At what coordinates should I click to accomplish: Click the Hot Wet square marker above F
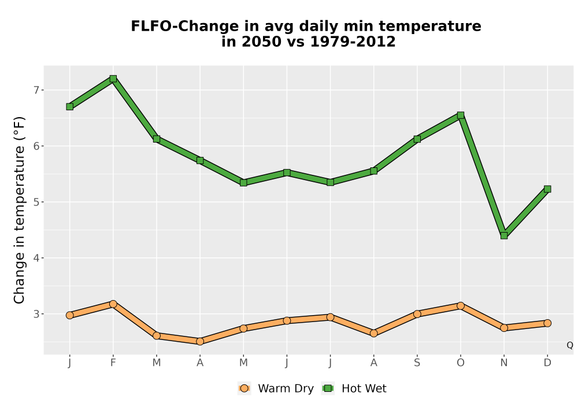point(113,78)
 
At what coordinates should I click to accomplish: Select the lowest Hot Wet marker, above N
point(504,235)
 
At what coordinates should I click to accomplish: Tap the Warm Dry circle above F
point(113,304)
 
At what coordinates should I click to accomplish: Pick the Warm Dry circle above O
point(461,306)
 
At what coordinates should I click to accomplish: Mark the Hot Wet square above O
point(461,115)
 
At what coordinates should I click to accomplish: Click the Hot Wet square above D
point(547,189)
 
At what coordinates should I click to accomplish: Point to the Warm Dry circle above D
point(547,323)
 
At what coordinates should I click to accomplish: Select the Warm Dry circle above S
point(417,314)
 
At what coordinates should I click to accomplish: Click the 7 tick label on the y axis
point(36,90)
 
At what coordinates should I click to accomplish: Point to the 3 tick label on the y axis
point(36,314)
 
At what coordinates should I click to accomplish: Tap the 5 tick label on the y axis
point(36,202)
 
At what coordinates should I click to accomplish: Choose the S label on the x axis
point(417,363)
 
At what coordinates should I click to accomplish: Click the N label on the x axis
point(504,363)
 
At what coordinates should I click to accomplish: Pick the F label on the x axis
point(113,363)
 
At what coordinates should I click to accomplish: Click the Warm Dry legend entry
point(276,388)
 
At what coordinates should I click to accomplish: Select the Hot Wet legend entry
point(354,388)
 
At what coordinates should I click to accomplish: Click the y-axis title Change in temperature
point(19,210)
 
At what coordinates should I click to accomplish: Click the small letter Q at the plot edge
point(570,345)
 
